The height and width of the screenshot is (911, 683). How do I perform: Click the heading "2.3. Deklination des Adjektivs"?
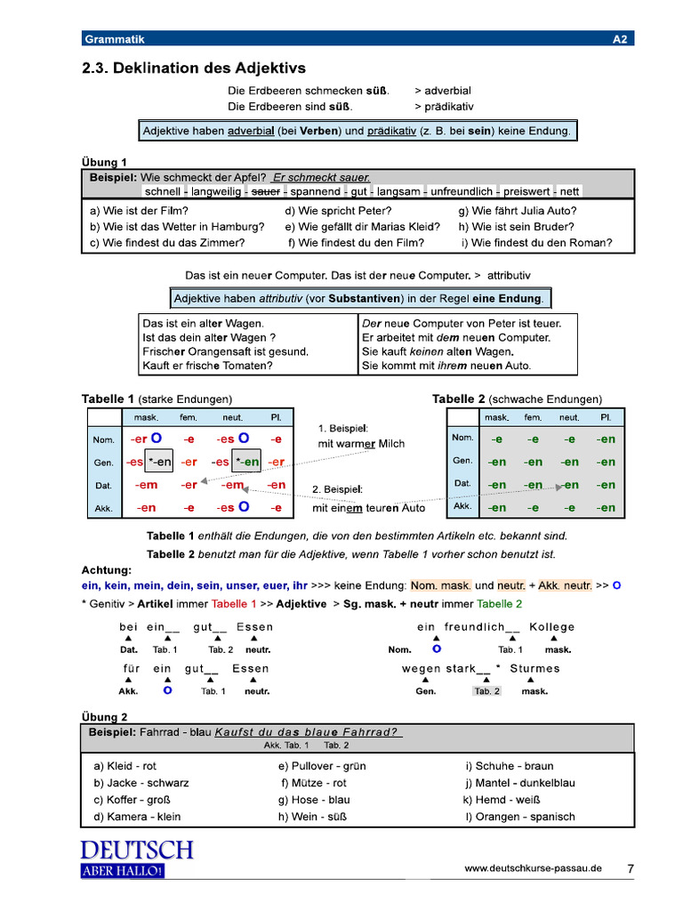pyautogui.click(x=194, y=69)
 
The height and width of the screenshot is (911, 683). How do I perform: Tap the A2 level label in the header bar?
pyautogui.click(x=620, y=39)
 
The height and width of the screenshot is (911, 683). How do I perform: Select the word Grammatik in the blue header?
pyautogui.click(x=114, y=39)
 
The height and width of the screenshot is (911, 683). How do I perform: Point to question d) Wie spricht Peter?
pyautogui.click(x=338, y=211)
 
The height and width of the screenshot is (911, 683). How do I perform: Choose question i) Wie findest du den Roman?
pyautogui.click(x=536, y=242)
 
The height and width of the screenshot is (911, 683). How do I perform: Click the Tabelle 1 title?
pyautogui.click(x=108, y=399)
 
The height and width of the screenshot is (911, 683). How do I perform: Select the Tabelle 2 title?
pyautogui.click(x=459, y=399)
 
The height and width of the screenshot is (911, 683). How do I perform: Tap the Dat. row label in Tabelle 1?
pyautogui.click(x=102, y=486)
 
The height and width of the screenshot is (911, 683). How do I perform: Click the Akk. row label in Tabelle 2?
pyautogui.click(x=462, y=506)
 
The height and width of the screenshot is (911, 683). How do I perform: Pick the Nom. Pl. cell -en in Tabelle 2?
pyautogui.click(x=606, y=439)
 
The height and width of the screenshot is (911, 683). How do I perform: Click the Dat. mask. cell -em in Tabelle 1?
pyautogui.click(x=146, y=485)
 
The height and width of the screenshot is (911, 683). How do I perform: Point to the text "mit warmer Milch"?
pyautogui.click(x=361, y=443)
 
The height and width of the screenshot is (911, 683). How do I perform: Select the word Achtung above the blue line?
pyautogui.click(x=107, y=569)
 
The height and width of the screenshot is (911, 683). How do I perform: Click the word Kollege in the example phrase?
pyautogui.click(x=552, y=627)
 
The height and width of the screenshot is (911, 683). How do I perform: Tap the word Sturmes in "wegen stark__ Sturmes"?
pyautogui.click(x=534, y=668)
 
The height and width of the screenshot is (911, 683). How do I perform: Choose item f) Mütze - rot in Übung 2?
pyautogui.click(x=314, y=783)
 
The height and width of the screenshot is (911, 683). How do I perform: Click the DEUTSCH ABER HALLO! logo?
pyautogui.click(x=136, y=859)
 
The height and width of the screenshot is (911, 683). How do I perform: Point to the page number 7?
pyautogui.click(x=630, y=868)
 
